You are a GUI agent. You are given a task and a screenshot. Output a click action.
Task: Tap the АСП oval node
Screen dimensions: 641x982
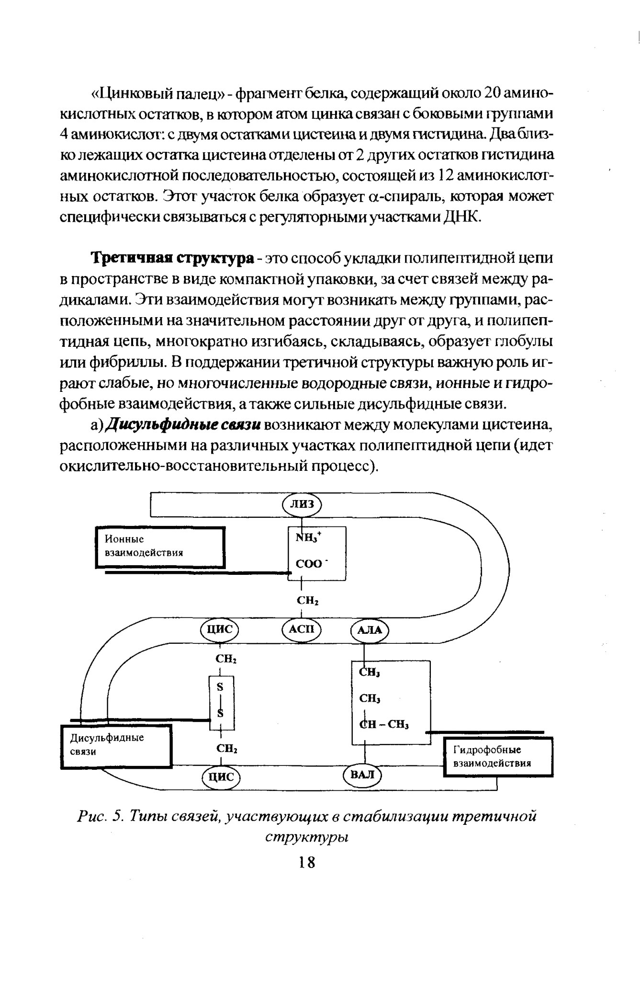click(302, 629)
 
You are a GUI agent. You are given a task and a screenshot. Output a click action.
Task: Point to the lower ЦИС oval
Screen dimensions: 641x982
click(221, 776)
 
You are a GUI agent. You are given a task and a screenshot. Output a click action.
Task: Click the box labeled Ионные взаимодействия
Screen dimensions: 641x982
click(160, 547)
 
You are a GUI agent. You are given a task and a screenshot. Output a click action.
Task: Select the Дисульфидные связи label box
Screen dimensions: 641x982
click(116, 746)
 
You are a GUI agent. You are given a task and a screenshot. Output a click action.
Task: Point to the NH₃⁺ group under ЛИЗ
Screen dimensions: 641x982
click(309, 538)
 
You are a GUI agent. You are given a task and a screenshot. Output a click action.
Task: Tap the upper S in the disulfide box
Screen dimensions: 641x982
click(221, 686)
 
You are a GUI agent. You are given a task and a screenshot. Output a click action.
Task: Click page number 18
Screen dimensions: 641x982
click(306, 862)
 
